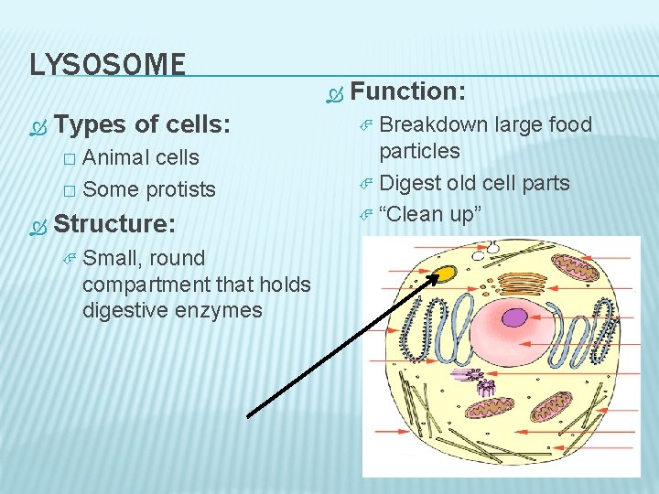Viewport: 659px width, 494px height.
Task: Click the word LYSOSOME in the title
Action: (107, 64)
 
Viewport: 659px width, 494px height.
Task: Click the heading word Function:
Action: (408, 91)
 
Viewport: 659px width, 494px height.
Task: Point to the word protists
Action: (181, 189)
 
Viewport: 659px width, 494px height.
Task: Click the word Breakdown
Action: (433, 124)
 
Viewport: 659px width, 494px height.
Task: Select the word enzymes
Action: (221, 310)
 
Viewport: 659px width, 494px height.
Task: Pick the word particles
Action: (419, 151)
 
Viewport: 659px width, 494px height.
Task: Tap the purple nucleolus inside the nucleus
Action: (515, 317)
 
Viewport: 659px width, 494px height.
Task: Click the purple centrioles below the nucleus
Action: (485, 388)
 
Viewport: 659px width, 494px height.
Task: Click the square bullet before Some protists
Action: (68, 190)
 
